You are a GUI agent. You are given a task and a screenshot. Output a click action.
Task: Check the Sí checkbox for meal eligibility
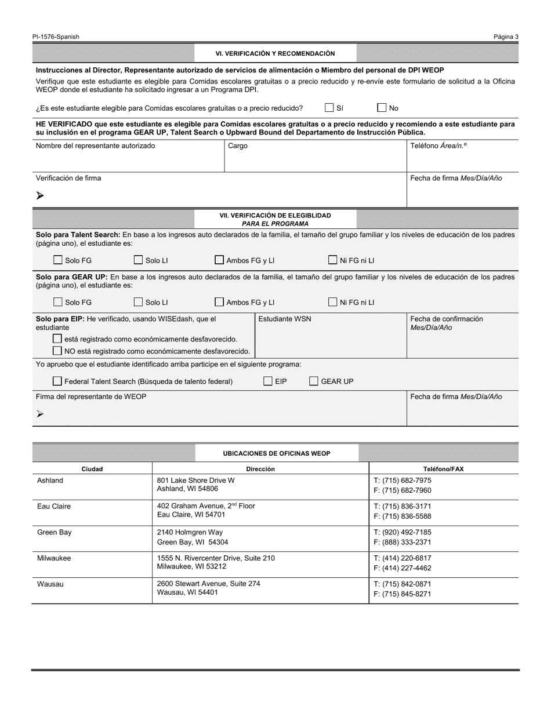click(329, 108)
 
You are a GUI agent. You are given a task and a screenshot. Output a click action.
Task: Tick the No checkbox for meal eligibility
click(382, 108)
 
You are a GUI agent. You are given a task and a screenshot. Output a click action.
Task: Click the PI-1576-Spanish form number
click(56, 37)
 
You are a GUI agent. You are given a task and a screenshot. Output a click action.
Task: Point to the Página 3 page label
click(506, 37)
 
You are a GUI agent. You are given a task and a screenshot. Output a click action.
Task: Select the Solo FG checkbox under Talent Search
click(58, 260)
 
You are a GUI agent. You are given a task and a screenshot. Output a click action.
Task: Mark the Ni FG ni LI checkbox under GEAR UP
click(333, 302)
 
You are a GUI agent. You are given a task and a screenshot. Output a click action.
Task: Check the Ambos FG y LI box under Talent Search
click(219, 260)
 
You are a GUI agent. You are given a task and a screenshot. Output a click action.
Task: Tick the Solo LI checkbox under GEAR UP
click(139, 302)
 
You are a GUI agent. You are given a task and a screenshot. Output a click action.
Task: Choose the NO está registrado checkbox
click(57, 351)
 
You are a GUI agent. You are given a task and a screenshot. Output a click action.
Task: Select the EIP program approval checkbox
click(268, 381)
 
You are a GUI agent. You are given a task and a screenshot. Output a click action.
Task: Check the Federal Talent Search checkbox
click(57, 381)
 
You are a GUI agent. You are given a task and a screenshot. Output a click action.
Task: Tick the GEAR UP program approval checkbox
click(314, 381)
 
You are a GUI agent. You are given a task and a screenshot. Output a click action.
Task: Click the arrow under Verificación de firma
click(40, 196)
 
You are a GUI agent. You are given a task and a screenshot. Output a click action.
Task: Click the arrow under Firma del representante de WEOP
click(40, 414)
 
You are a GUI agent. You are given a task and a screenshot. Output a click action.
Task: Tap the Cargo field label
click(238, 146)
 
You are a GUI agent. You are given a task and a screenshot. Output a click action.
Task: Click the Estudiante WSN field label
click(284, 319)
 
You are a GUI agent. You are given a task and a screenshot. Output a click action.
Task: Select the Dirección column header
click(260, 469)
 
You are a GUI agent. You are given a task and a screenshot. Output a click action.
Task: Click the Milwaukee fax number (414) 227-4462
click(403, 569)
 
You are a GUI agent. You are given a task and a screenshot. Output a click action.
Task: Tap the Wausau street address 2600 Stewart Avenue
click(208, 584)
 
